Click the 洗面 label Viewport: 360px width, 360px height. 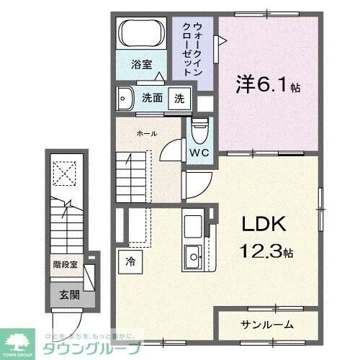pos(150,99)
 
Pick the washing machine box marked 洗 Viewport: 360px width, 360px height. pos(179,99)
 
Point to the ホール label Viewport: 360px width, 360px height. pos(147,133)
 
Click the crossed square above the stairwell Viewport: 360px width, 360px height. pos(66,174)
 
